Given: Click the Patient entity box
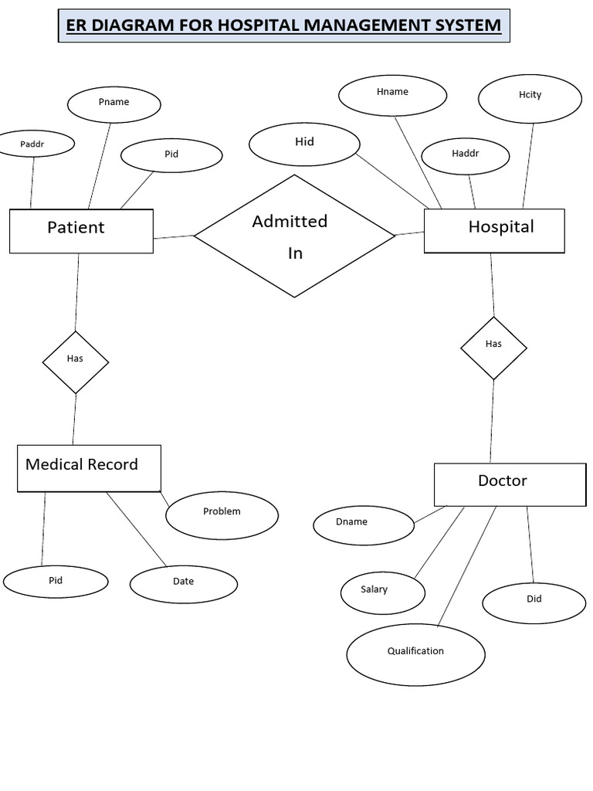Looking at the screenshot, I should coord(81,230).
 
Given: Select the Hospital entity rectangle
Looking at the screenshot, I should coord(494,230).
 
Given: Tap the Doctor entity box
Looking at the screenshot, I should coord(510,484).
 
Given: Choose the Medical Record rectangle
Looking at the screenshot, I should coord(89,468).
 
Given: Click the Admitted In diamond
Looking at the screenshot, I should coord(294,236).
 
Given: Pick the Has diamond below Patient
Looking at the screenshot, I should coord(75,362).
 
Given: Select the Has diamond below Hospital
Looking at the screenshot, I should coord(493,348).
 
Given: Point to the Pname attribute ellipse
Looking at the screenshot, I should coord(114,104).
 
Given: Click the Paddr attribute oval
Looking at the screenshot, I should coord(32,144).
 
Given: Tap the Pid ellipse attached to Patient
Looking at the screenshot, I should coord(171,155).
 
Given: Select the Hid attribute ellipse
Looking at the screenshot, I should coord(304,144).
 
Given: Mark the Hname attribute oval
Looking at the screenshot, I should coord(392,94).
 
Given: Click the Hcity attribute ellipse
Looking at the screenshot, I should coord(530,97).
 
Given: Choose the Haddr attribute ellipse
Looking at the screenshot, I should coord(465,155).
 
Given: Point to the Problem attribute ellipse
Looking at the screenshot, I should coord(222,515).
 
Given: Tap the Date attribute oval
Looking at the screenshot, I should coord(183,584).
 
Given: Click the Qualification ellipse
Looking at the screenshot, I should coord(415,654).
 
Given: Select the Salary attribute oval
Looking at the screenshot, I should coord(382,593).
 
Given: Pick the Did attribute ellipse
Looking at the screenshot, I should coord(534,603).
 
